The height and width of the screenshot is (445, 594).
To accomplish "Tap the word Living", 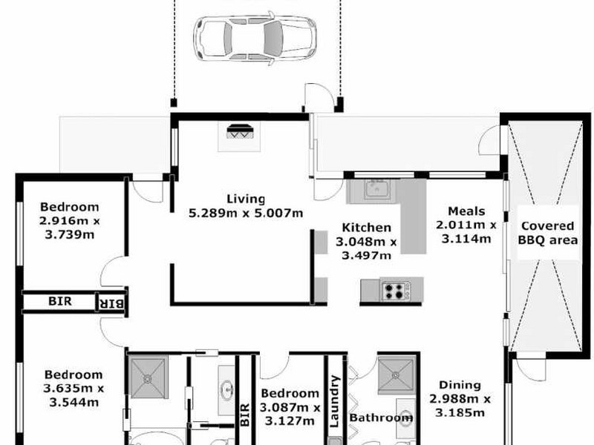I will [x=246, y=199].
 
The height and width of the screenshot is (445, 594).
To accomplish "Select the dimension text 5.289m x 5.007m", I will [x=246, y=214].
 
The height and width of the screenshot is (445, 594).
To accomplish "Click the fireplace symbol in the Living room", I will [x=240, y=133].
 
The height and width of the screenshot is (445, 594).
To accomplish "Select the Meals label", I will [x=466, y=211].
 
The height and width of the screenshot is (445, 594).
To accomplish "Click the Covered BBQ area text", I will [x=548, y=233].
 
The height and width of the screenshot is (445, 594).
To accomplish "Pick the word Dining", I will [x=460, y=385].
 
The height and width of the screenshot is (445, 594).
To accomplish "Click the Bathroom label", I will [x=381, y=418].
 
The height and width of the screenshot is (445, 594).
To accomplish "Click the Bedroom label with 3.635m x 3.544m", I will [x=73, y=375].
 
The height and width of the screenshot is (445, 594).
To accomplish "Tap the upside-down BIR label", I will [x=110, y=303].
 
